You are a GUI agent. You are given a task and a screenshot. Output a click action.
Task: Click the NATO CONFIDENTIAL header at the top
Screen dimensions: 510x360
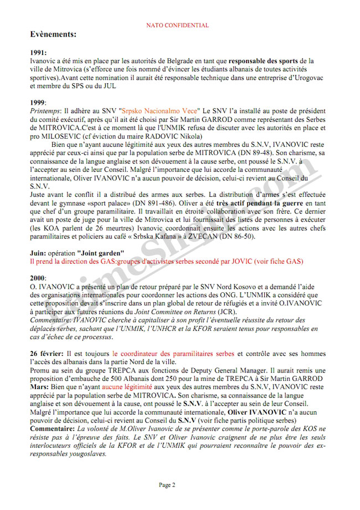pyautogui.click(x=177, y=25)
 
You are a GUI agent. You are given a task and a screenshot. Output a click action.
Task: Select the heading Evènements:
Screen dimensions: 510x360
pyautogui.click(x=53, y=34)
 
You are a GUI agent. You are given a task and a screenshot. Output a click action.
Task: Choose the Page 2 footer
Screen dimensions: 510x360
pyautogui.click(x=167, y=485)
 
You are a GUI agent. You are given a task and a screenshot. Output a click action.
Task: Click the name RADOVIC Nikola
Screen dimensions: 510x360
pyautogui.click(x=165, y=136)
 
